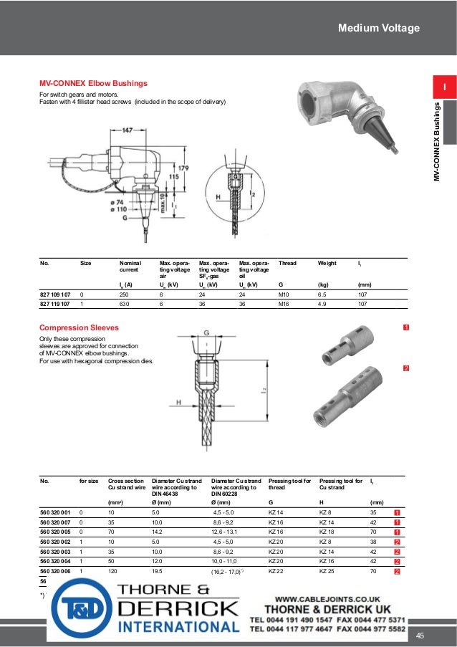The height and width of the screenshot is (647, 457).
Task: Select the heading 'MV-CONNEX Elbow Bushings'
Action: pyautogui.click(x=93, y=83)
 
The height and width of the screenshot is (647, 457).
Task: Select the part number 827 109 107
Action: pyautogui.click(x=55, y=294)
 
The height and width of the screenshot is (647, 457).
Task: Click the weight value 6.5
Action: pyautogui.click(x=322, y=294)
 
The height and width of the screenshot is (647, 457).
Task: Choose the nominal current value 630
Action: pyautogui.click(x=125, y=303)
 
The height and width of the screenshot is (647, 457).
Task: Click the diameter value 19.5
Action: pyautogui.click(x=156, y=571)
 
